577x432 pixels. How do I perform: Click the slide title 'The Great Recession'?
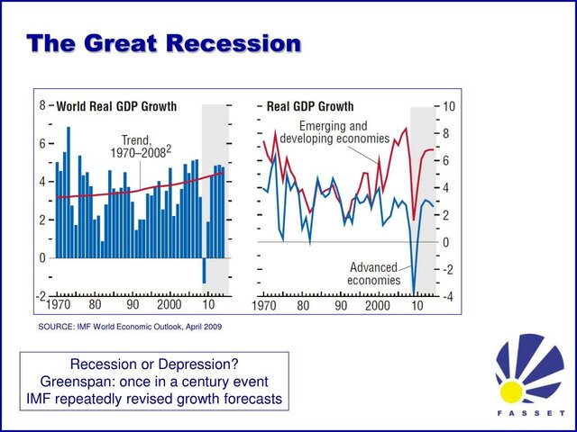[163, 42]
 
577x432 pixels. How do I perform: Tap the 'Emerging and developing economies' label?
[334, 132]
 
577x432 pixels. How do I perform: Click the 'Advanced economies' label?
[373, 274]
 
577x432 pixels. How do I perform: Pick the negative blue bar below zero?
[204, 271]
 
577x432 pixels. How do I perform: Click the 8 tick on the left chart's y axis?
[41, 105]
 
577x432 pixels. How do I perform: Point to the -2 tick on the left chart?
[39, 296]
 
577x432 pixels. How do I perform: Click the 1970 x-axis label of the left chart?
[58, 306]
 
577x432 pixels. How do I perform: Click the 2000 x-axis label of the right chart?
[379, 306]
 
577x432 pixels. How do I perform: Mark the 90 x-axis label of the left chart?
[133, 306]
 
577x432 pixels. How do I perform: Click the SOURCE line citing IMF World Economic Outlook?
[129, 327]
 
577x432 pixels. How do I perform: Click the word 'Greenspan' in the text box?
[93, 381]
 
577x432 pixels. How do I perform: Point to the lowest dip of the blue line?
[414, 292]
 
